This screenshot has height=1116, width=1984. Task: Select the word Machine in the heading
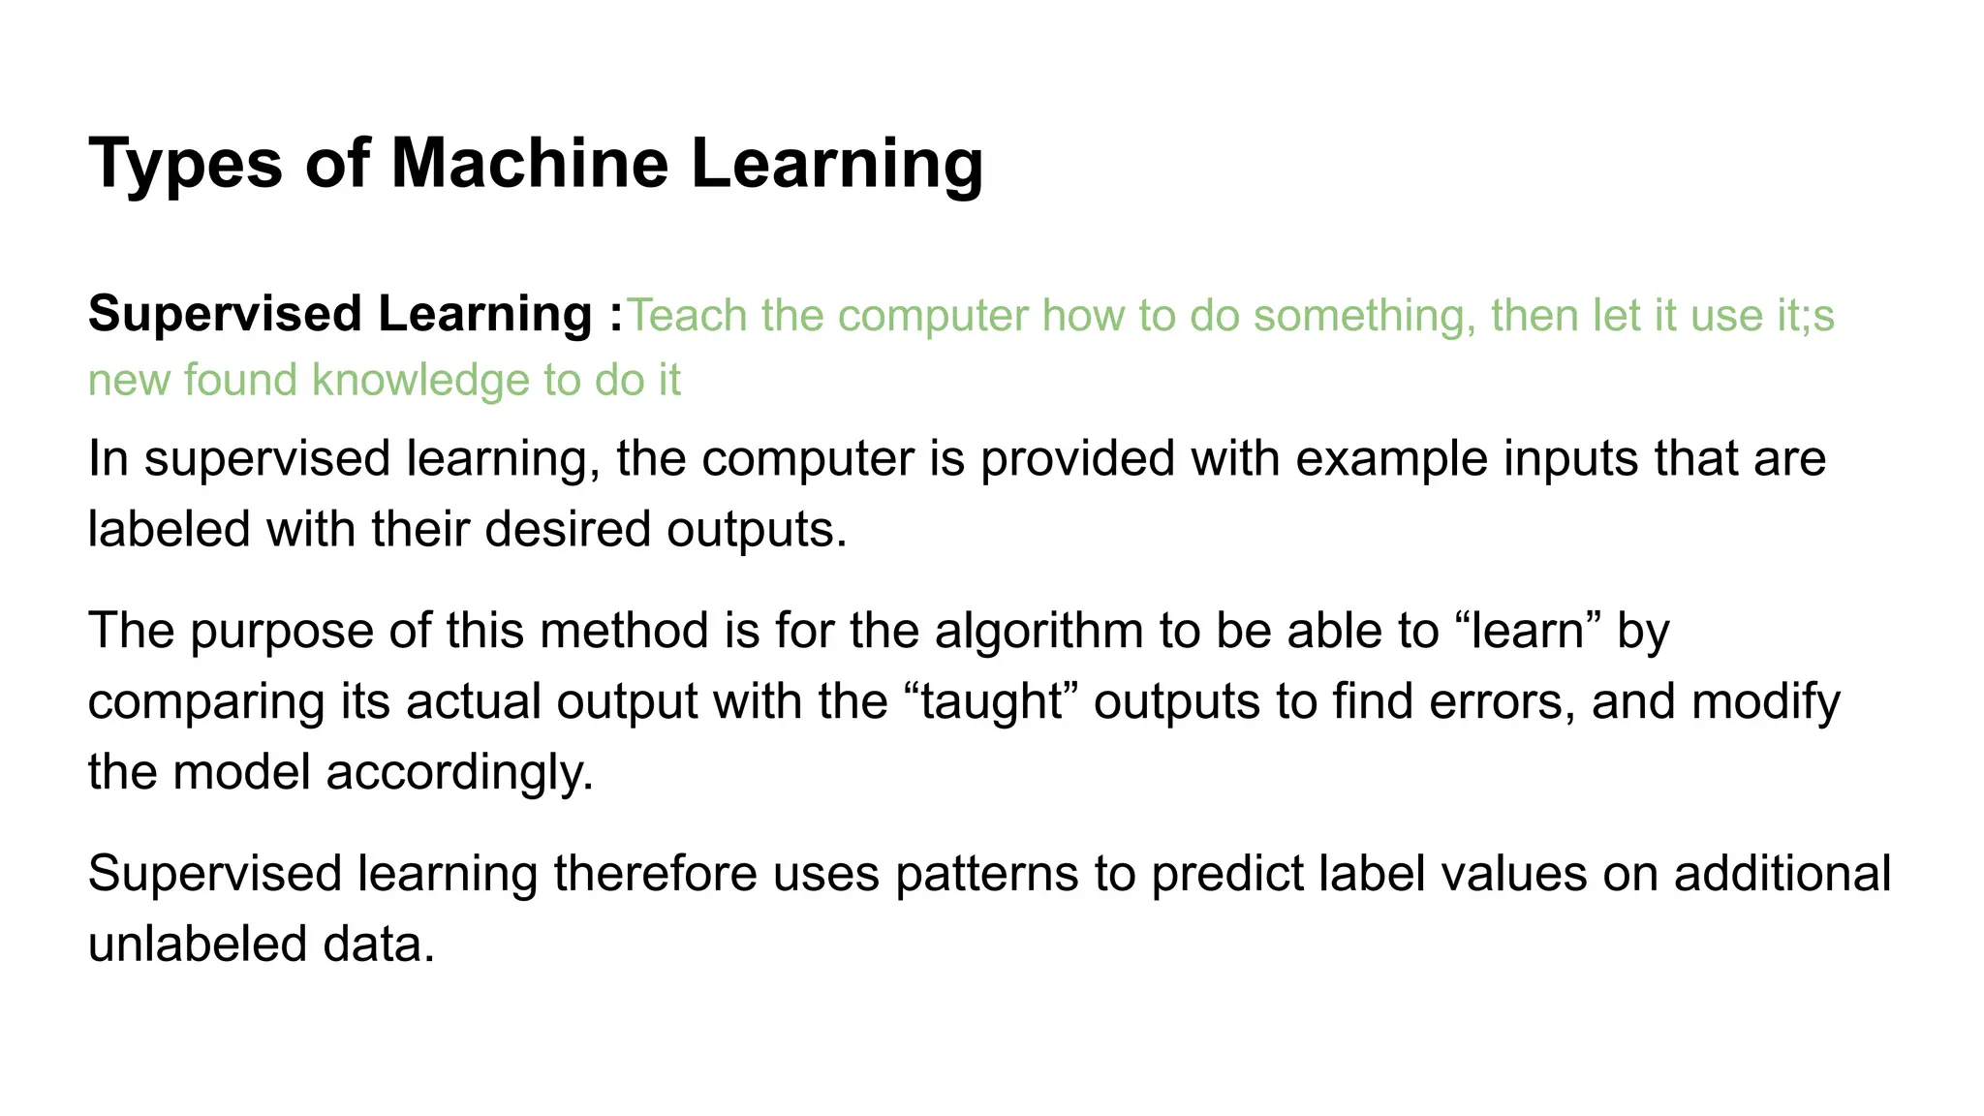(x=529, y=163)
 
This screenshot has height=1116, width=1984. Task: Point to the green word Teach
(x=687, y=316)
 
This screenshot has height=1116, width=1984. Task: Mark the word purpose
(x=281, y=631)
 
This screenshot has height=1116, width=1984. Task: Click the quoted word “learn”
(x=1528, y=631)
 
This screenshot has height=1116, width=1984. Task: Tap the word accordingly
(x=459, y=772)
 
